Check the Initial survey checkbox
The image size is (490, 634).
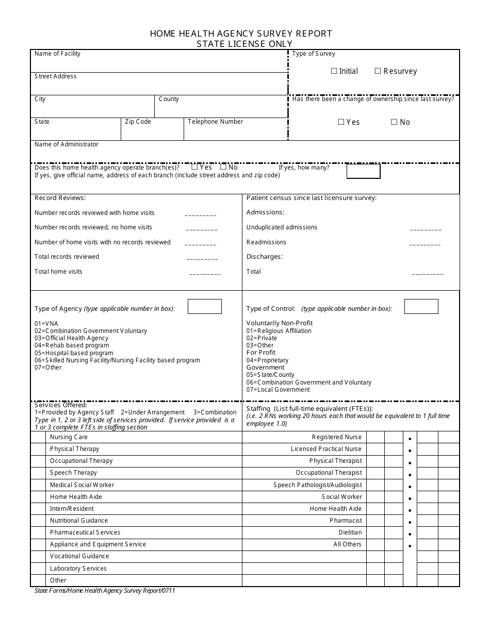[334, 71]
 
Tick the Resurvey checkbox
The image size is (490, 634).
[378, 71]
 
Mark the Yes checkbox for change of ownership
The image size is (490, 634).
[341, 122]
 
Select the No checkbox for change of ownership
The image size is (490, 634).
[394, 122]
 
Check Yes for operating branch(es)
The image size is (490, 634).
[194, 167]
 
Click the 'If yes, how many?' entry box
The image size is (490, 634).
[363, 171]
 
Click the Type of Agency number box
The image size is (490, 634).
[204, 307]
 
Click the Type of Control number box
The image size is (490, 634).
[421, 307]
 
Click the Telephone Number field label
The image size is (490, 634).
[215, 122]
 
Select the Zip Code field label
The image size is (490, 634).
[138, 122]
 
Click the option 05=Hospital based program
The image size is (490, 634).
[74, 353]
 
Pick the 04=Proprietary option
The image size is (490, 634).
[267, 360]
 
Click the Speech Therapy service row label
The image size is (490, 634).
[73, 473]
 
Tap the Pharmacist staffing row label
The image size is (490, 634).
[346, 521]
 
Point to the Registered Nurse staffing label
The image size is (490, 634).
[336, 437]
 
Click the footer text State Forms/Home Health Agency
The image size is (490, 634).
[105, 591]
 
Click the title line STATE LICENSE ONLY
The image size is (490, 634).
[244, 44]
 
